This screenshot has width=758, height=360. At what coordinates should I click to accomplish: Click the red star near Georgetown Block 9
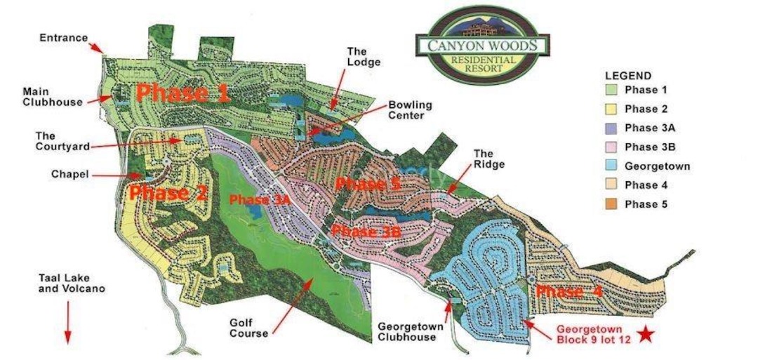tap(646, 334)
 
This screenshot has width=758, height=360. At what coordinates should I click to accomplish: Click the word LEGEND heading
tap(628, 76)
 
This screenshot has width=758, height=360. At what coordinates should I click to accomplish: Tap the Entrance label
tap(63, 37)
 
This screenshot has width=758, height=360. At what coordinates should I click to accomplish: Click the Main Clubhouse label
tap(52, 96)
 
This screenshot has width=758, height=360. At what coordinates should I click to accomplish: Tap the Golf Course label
tap(248, 328)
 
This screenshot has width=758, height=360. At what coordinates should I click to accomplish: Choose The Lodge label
tap(364, 56)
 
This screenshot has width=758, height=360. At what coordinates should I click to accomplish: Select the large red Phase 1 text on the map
tap(183, 93)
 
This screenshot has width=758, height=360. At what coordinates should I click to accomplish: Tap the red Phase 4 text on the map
tap(568, 291)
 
